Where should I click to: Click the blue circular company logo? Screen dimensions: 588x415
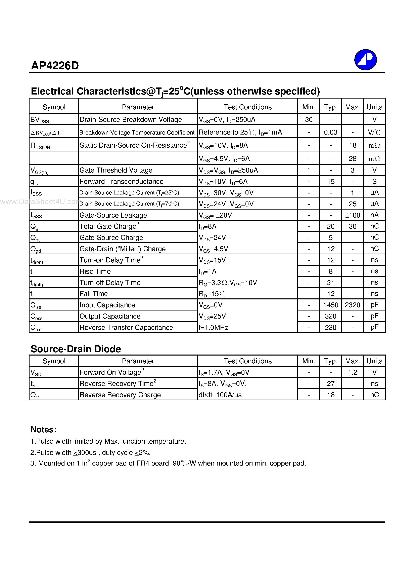click(x=365, y=60)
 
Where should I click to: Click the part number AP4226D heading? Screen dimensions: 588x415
click(x=55, y=66)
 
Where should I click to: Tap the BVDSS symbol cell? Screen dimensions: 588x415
click(x=40, y=120)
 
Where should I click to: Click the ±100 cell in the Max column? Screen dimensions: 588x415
click(x=352, y=215)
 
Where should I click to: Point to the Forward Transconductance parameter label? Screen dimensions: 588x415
click(x=121, y=181)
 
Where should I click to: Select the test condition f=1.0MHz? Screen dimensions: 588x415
click(x=213, y=327)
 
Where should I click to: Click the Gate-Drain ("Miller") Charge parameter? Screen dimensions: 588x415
click(x=123, y=249)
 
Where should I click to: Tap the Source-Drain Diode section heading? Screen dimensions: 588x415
click(x=76, y=349)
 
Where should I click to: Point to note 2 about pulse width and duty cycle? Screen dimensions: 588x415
click(x=91, y=452)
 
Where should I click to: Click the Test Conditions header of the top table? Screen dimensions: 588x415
click(x=247, y=107)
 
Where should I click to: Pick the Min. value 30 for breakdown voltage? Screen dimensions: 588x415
click(x=309, y=120)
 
